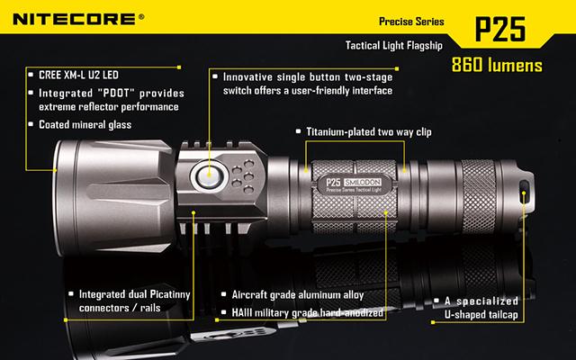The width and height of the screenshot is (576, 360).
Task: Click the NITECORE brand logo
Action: (75, 19)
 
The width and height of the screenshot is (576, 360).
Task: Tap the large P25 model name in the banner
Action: (500, 29)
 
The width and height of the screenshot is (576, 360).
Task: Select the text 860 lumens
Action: (497, 65)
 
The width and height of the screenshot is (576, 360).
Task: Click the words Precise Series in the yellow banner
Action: (411, 22)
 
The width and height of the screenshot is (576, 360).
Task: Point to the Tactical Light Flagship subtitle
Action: (394, 46)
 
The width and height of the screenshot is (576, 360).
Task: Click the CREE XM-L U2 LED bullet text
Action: (78, 75)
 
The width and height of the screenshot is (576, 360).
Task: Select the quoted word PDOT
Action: (116, 93)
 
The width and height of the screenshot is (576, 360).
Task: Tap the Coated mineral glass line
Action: (85, 125)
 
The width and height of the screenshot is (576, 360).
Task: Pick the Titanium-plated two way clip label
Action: (369, 132)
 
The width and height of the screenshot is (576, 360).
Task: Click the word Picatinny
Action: (170, 294)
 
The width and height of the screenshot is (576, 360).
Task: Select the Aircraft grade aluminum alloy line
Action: (298, 295)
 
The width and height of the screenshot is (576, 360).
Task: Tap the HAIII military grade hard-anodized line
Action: (308, 312)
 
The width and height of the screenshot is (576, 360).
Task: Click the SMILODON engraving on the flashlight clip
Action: (363, 182)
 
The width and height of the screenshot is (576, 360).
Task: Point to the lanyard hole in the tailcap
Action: (524, 192)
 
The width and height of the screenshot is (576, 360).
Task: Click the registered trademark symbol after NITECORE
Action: (141, 16)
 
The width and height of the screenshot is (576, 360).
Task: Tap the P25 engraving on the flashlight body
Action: (333, 182)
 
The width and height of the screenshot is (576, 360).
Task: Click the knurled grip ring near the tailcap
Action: (478, 196)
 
